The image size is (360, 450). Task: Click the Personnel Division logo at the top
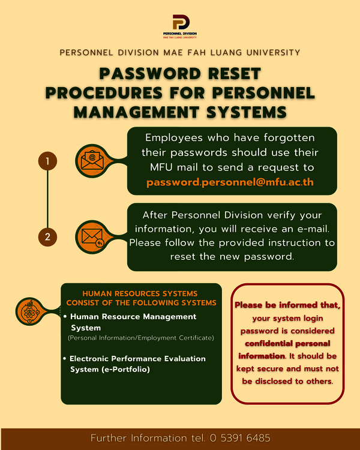[x=180, y=26]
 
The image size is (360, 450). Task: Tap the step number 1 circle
[x=47, y=161]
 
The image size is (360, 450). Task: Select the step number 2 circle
[x=47, y=237]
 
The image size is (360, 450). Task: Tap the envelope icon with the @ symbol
[x=91, y=160]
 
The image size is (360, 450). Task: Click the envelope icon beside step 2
[x=91, y=236]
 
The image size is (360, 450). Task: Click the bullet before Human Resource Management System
[x=65, y=316]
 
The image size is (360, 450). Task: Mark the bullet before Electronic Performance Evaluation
[x=65, y=359]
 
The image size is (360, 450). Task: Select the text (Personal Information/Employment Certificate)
[x=140, y=338]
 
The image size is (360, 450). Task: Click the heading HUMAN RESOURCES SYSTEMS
[x=139, y=293]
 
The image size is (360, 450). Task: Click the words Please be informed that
[x=287, y=305]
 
